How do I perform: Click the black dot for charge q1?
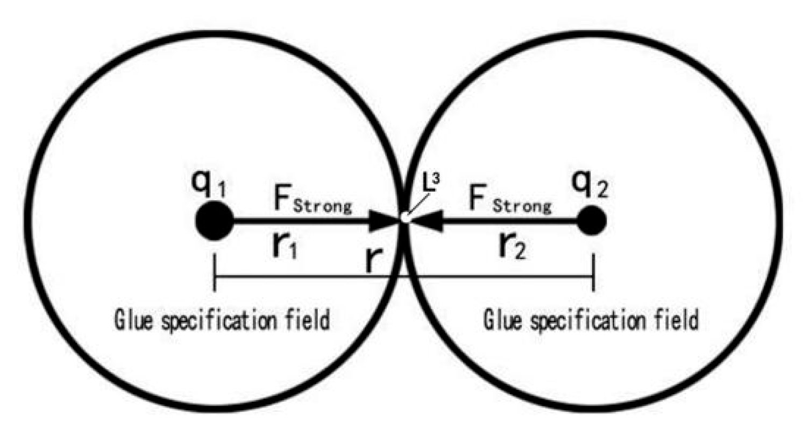(x=214, y=221)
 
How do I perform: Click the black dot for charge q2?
(x=592, y=221)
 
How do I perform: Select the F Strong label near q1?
(x=312, y=200)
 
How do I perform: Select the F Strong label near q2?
(x=510, y=200)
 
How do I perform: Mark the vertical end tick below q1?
(x=215, y=274)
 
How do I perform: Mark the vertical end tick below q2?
(x=593, y=274)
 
